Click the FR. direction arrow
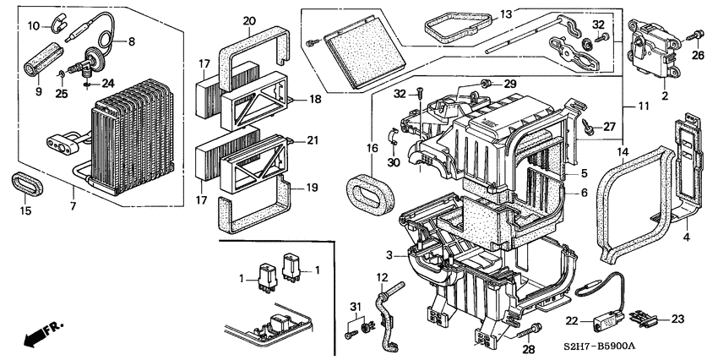[x=43, y=334]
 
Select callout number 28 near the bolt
[x=529, y=350]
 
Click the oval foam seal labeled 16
[x=370, y=197]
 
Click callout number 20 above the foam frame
[x=249, y=21]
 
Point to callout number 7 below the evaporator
[x=73, y=206]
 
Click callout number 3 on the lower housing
[x=389, y=255]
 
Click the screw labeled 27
[x=588, y=127]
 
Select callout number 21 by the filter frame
[x=313, y=140]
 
